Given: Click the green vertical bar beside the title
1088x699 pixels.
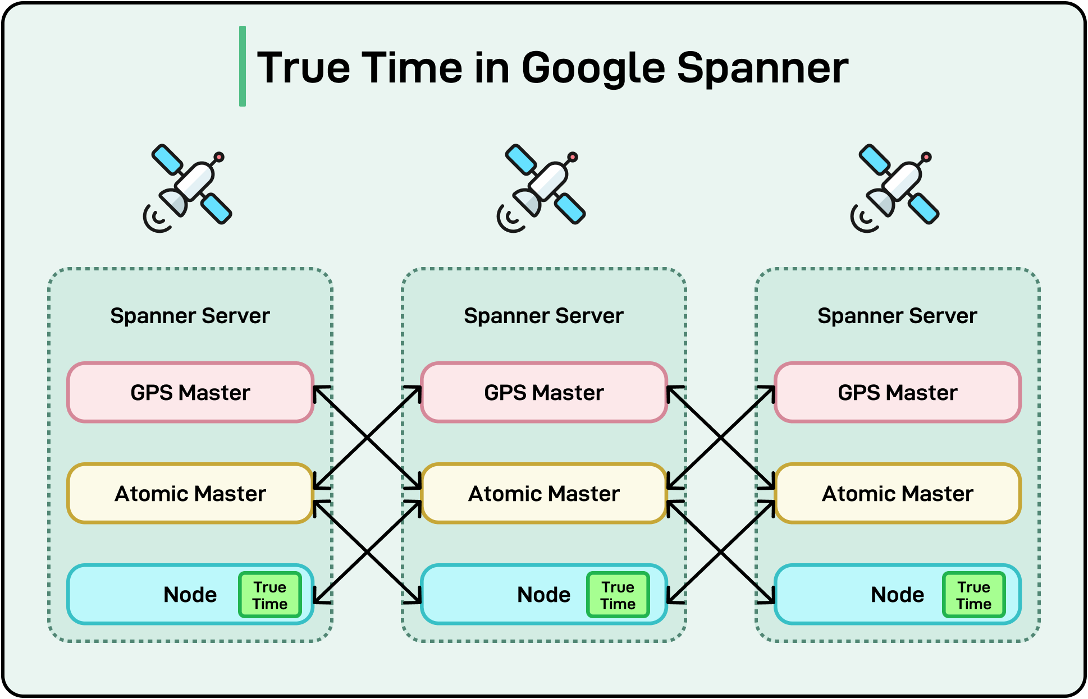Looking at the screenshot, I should coord(243,66).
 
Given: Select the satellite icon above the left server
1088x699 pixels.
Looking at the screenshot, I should coord(188,188).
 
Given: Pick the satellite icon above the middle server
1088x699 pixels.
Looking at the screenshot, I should coord(542,188).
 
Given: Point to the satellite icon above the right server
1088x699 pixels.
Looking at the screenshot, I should coord(895,188).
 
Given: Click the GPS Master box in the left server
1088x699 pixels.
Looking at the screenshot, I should coord(190,392).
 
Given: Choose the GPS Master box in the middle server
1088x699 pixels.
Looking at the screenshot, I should coord(544,392).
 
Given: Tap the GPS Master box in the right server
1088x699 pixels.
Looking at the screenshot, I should coord(898,392).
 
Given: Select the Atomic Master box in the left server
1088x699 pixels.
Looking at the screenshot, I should coord(190,493).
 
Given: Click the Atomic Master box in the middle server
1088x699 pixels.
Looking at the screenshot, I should coord(544,493).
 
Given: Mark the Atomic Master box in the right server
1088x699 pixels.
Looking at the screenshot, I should coord(898,493).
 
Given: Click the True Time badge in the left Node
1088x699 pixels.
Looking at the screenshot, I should coord(270,595).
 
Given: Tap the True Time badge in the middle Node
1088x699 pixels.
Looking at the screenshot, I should coord(618,595).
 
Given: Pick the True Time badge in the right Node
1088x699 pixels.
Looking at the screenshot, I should coord(974,595).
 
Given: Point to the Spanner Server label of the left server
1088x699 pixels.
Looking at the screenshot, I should coord(190,316).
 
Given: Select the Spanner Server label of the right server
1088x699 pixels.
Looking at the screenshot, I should coord(897,316).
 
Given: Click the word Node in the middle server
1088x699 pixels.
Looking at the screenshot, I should coord(543,595).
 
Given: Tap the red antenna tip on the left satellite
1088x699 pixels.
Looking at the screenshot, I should coord(220,157).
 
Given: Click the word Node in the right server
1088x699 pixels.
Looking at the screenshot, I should coord(897,595).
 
